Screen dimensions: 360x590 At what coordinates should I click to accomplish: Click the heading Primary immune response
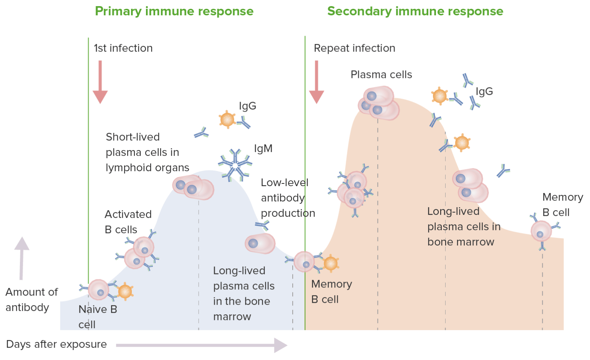click(174, 12)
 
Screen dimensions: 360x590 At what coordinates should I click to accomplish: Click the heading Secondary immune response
click(415, 12)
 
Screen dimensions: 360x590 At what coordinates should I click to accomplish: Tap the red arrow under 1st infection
click(100, 81)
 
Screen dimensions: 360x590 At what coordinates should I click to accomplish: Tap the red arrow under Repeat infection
click(317, 81)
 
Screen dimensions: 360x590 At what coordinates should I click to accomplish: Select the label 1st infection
click(123, 48)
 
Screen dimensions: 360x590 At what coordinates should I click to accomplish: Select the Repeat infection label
click(354, 48)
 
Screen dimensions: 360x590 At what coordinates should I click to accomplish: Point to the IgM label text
click(263, 149)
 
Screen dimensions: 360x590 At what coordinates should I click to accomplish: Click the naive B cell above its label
click(99, 290)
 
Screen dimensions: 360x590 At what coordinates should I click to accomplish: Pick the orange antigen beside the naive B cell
click(125, 292)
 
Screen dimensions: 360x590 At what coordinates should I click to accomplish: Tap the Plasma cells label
click(381, 74)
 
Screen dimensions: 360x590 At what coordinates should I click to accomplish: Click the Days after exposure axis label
click(56, 344)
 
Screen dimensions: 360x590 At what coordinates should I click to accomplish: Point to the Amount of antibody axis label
click(31, 300)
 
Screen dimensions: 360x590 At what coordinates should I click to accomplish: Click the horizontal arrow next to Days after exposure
click(201, 345)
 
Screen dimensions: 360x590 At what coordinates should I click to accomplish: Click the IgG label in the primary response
click(247, 106)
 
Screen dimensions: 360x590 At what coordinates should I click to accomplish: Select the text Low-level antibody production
click(287, 198)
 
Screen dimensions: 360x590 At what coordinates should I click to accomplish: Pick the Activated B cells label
click(128, 222)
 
